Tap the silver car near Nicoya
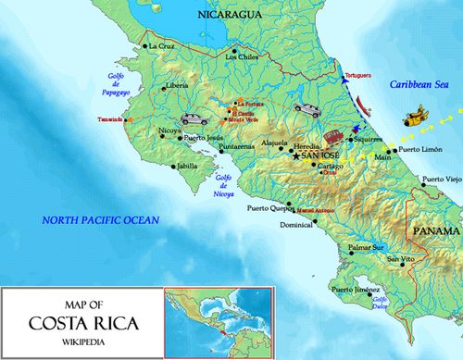[194, 118]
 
